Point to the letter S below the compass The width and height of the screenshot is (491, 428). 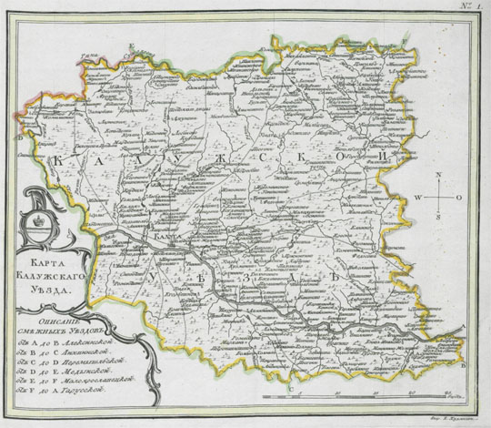pyautogui.click(x=438, y=218)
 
